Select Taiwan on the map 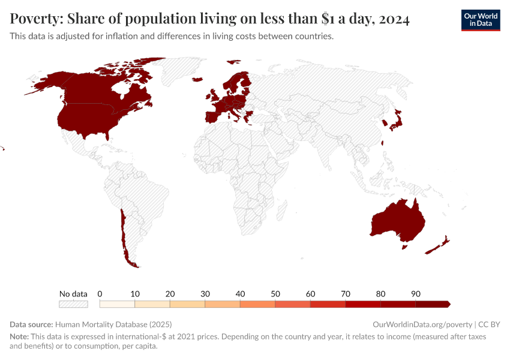pos(383,143)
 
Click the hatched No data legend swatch pos(73,304)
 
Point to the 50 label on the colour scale pos(275,294)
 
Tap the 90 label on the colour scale pos(416,294)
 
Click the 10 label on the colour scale pos(135,294)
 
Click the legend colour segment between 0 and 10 pos(117,304)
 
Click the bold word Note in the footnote pos(19,337)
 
